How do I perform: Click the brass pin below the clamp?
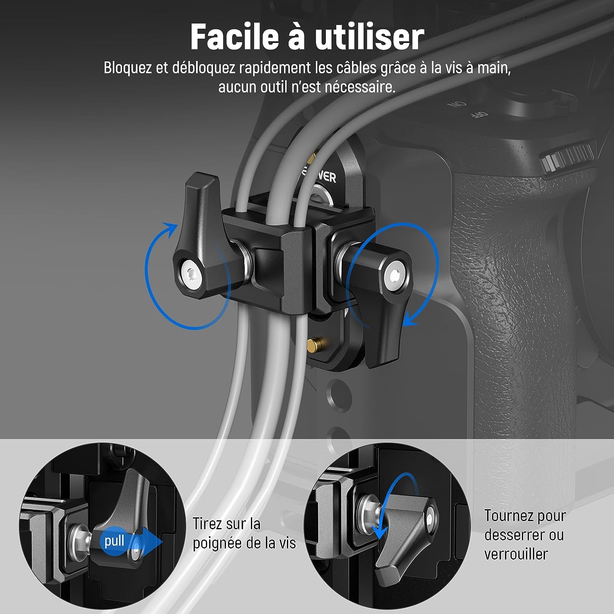[x=314, y=344]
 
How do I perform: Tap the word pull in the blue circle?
[x=114, y=541]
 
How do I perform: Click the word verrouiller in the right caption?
[x=516, y=554]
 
